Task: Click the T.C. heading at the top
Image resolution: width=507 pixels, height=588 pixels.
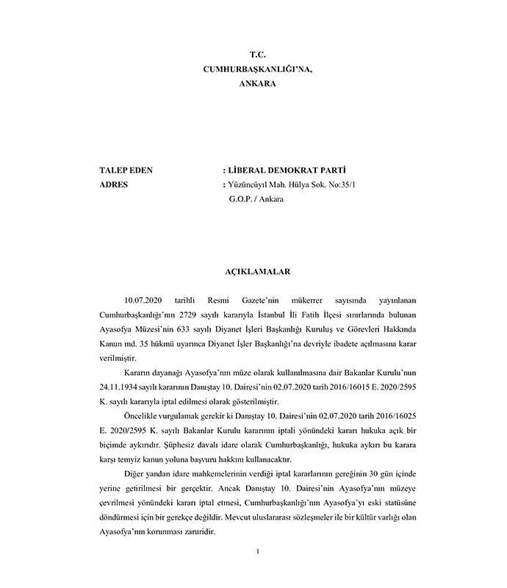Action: pyautogui.click(x=257, y=55)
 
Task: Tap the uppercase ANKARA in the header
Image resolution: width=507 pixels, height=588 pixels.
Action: pyautogui.click(x=257, y=84)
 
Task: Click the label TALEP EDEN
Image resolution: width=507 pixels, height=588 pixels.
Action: pyautogui.click(x=126, y=171)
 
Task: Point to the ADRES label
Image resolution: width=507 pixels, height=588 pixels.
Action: pyautogui.click(x=113, y=184)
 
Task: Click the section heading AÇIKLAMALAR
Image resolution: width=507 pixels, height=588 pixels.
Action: pyautogui.click(x=257, y=271)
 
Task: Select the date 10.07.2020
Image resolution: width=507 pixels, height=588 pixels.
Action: pyautogui.click(x=143, y=301)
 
